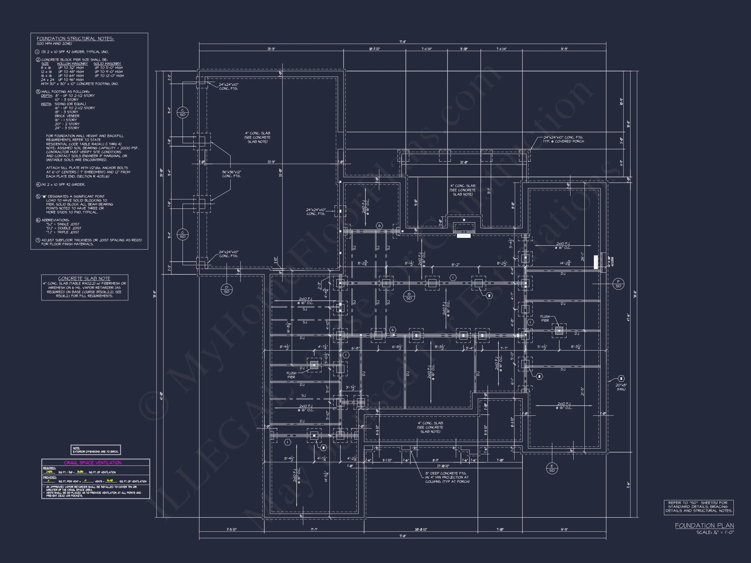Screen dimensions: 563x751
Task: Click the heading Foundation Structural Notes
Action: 75,39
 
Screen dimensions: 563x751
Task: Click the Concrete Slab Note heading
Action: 84,278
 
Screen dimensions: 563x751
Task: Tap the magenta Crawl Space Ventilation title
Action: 92,463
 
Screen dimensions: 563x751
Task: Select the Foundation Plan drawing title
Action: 704,525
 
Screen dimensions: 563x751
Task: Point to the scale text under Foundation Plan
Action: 715,532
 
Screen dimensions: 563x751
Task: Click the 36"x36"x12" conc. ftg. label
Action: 231,174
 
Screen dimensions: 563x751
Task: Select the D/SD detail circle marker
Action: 227,289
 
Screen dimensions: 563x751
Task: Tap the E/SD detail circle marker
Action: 552,468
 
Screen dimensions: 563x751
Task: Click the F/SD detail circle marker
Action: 618,284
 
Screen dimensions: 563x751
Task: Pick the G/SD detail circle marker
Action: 409,296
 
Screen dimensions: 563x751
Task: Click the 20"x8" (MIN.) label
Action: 621,387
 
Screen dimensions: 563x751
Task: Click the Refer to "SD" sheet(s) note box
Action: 699,507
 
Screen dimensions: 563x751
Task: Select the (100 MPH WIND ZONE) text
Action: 54,44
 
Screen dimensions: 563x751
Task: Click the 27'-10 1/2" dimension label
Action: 443,466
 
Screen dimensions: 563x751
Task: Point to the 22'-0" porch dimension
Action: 464,163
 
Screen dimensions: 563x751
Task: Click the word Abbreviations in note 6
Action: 55,220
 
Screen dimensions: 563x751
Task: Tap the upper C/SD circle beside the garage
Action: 182,113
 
